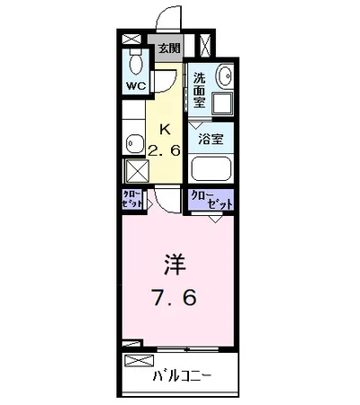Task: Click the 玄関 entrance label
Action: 170,49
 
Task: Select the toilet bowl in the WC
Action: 135,63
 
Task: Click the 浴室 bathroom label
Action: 213,140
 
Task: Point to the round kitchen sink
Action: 134,142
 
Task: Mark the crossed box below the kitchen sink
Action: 136,172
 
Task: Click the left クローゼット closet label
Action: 131,200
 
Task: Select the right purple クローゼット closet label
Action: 211,200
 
